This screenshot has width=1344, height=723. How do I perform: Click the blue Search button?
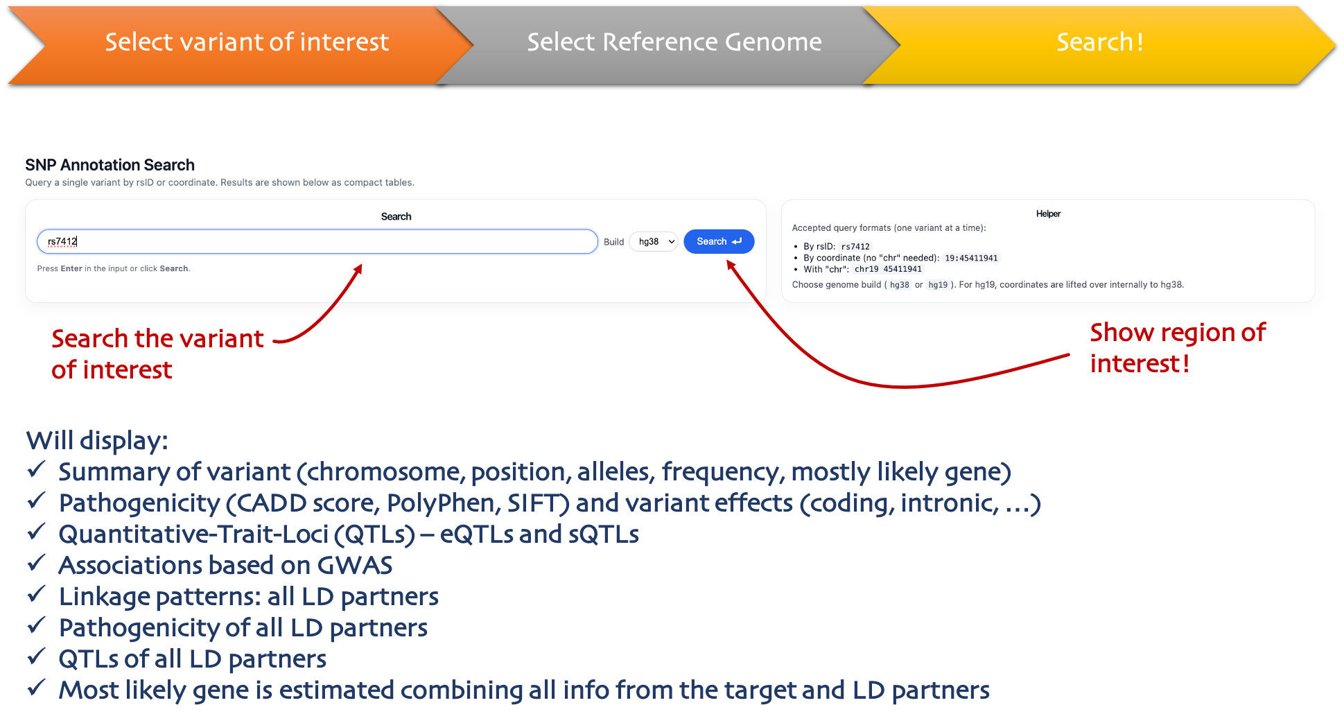tap(718, 241)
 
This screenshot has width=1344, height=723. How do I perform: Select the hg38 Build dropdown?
tap(653, 241)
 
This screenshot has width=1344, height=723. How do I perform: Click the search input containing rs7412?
tap(317, 241)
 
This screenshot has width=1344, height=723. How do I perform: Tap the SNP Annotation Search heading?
tap(110, 165)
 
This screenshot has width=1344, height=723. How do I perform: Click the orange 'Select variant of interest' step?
tap(246, 43)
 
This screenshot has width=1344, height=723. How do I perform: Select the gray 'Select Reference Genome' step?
tap(674, 43)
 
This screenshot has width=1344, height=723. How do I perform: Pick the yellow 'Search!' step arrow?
tap(1099, 43)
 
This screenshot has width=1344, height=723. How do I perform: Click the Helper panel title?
tap(1048, 214)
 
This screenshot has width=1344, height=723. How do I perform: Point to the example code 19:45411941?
tap(971, 258)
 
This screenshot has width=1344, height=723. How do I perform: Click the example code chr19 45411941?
tap(888, 269)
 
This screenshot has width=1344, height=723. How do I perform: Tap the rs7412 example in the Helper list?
tap(855, 246)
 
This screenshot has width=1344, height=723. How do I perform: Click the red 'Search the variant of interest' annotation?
tap(157, 354)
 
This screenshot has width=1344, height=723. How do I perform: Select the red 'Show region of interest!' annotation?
tap(1177, 348)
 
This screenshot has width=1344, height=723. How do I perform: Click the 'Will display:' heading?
tap(97, 441)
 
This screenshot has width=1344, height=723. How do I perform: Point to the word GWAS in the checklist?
tap(355, 566)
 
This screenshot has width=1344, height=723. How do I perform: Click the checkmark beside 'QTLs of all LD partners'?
tap(36, 656)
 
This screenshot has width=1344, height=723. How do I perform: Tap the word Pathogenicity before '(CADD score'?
tap(139, 503)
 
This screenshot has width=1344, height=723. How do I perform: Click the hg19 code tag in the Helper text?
tap(938, 285)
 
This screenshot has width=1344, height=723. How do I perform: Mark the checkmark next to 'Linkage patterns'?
tap(36, 594)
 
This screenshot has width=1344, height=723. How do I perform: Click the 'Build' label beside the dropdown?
tap(613, 242)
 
